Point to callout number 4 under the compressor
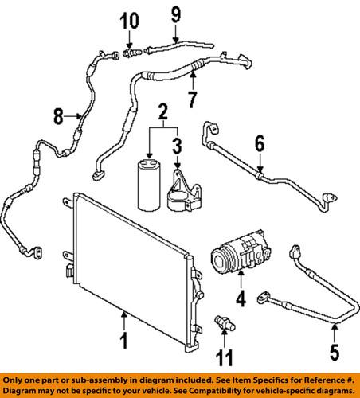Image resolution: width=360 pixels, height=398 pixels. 240,300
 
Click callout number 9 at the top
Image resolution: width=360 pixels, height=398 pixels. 175,13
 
